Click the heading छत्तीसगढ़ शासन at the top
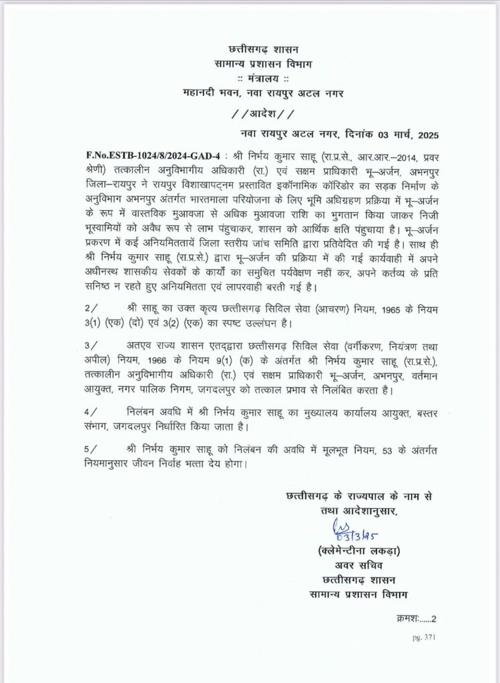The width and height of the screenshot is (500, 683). coord(263,49)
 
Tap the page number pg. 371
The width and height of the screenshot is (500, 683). coord(424,638)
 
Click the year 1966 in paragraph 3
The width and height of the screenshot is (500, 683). coord(150,360)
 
